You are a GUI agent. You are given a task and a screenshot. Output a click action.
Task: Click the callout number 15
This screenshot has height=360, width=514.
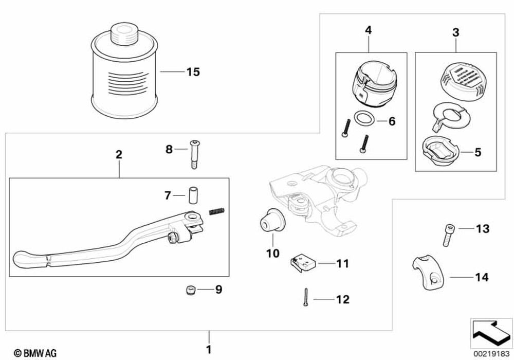click(193, 72)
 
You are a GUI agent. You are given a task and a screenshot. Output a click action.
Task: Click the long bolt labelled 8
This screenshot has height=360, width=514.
click(195, 154)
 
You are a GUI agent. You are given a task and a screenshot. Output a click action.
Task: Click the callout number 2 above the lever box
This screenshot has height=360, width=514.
click(119, 154)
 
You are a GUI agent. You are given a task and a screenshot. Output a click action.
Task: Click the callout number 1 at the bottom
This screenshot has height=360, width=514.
click(209, 350)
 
